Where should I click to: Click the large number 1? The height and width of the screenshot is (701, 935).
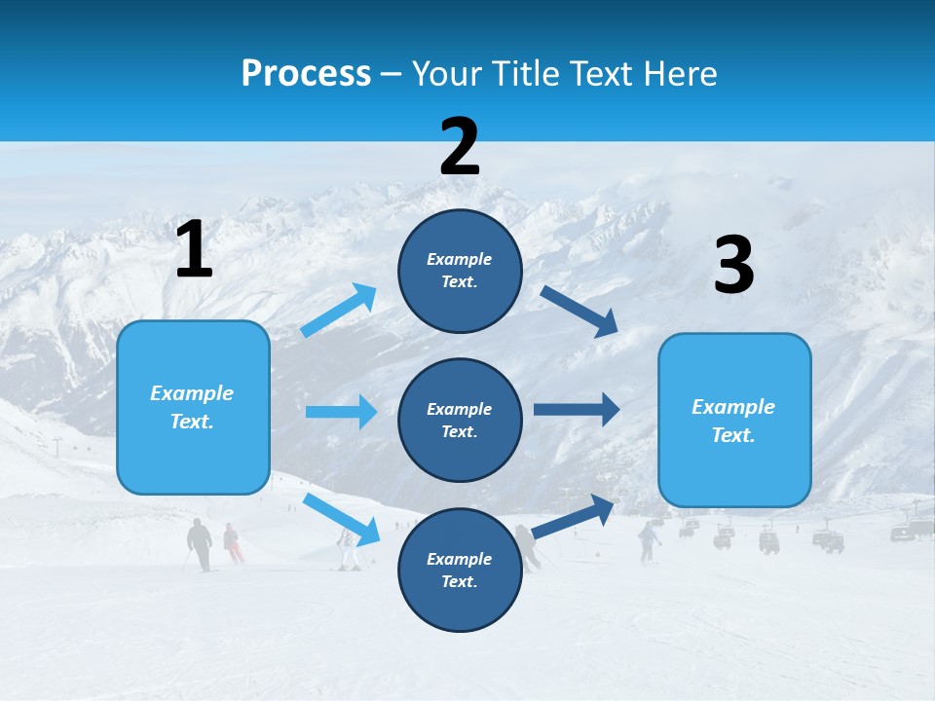click(x=194, y=250)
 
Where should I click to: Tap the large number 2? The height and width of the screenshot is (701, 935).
click(x=460, y=148)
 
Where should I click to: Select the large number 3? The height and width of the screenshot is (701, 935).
click(x=733, y=266)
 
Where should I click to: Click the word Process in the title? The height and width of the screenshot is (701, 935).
click(x=306, y=74)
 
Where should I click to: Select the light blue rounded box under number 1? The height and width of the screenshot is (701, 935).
click(x=193, y=407)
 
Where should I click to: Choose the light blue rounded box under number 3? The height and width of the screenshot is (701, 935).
click(x=734, y=420)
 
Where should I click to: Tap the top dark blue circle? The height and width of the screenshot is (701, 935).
click(x=460, y=271)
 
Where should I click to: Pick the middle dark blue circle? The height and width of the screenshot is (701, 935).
click(x=460, y=420)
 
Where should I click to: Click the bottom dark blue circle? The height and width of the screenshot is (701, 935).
click(x=460, y=570)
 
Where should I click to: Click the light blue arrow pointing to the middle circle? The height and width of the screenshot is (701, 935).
click(x=341, y=412)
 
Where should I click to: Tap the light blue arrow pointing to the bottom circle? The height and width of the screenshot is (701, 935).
click(x=342, y=518)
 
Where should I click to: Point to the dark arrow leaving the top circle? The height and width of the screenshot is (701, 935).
click(x=580, y=311)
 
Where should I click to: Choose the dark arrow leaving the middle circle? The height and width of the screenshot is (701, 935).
click(x=577, y=409)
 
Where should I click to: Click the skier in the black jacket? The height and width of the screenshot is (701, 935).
click(x=200, y=543)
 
